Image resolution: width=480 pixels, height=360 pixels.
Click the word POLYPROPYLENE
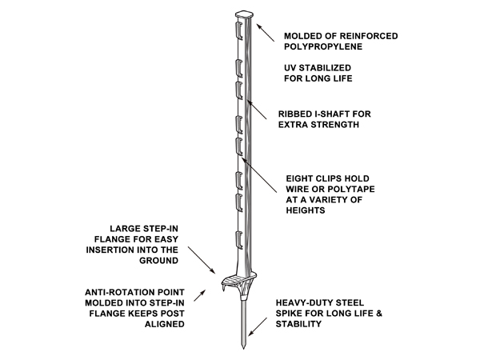tap(323, 46)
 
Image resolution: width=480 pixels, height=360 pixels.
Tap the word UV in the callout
tap(290, 68)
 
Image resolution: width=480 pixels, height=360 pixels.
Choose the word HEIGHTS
tap(306, 210)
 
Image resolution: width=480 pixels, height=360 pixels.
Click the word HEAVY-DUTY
tap(305, 303)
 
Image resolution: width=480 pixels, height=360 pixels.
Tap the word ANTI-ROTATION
tap(118, 292)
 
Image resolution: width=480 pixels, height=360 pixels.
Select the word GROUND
tap(158, 261)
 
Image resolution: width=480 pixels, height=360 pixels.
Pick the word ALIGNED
tap(164, 324)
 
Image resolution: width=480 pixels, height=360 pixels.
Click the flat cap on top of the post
tap(245, 14)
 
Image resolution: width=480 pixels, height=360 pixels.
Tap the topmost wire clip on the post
tap(238, 30)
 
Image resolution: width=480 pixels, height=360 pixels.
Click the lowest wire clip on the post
tap(239, 240)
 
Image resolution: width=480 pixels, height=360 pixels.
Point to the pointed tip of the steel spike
tap(244, 348)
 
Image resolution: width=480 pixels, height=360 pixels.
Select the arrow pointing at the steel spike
tap(258, 327)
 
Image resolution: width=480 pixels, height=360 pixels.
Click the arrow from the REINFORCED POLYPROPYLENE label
tap(266, 33)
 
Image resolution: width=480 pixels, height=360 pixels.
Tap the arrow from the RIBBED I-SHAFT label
tap(257, 110)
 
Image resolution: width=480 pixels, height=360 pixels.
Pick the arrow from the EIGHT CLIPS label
tap(259, 174)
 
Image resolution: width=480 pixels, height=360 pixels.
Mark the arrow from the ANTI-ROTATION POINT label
tap(199, 295)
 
